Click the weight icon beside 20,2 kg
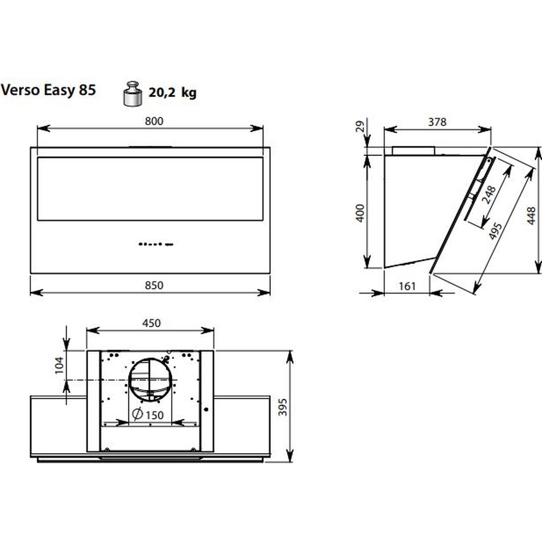click(x=132, y=94)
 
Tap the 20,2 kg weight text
click(x=172, y=92)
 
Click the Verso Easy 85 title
click(x=48, y=90)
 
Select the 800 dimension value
click(x=154, y=121)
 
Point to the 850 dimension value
click(x=154, y=286)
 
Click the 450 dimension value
click(x=151, y=323)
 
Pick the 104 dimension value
click(x=60, y=365)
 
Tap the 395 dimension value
click(x=283, y=407)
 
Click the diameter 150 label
click(x=148, y=415)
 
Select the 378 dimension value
click(x=437, y=122)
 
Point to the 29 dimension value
click(x=360, y=126)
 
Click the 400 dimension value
click(x=360, y=213)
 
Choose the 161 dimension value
click(x=407, y=286)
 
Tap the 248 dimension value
click(x=489, y=195)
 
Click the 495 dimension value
click(x=495, y=231)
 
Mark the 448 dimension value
click(x=531, y=216)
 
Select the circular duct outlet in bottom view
click(x=150, y=380)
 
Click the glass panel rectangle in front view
click(x=150, y=189)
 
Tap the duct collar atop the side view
click(x=414, y=151)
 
